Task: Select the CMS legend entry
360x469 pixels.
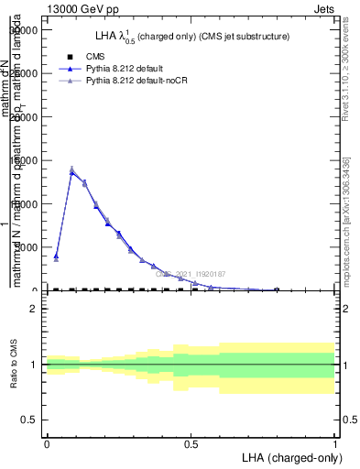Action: [x=94, y=57]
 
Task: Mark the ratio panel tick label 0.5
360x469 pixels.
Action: [x=29, y=420]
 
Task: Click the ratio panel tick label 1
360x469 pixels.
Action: [x=33, y=365]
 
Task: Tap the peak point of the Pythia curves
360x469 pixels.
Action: [x=72, y=170]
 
